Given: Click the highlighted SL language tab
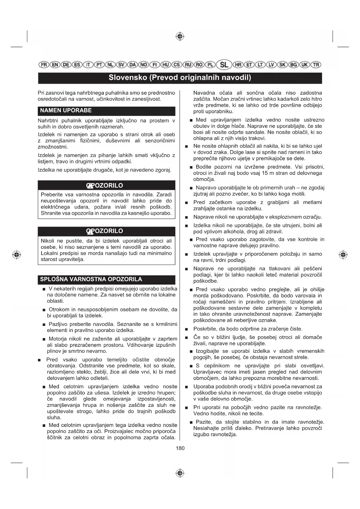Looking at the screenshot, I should (x=224, y=65).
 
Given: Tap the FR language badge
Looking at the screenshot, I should (x=44, y=65).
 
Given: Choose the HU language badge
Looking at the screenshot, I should (x=166, y=65).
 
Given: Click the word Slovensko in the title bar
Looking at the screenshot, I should (x=128, y=77).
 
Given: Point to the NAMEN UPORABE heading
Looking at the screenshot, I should (x=66, y=111).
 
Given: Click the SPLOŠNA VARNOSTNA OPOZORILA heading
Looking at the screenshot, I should (x=91, y=279).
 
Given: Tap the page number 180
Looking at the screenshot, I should (x=180, y=448).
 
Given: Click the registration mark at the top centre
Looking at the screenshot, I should (x=180, y=37).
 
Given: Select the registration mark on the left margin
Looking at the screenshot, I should (x=17, y=255).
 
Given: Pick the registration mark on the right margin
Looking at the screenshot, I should (x=343, y=255).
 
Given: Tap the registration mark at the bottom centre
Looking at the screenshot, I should (x=180, y=473).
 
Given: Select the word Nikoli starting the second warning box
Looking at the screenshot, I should (x=48, y=241).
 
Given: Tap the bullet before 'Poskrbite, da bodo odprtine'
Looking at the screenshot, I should (x=187, y=329).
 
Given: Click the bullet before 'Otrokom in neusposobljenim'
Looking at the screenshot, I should (x=44, y=310).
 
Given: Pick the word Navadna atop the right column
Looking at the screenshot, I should (x=204, y=93).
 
